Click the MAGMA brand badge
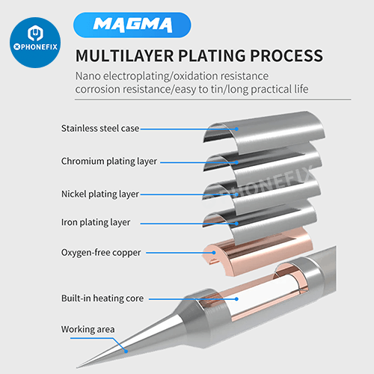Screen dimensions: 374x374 tap(132, 25)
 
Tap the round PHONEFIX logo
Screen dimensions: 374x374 tap(35, 43)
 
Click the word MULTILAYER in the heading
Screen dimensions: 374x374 tap(124, 55)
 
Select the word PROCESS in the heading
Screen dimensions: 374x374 tap(286, 55)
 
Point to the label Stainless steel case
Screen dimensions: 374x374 tap(100, 129)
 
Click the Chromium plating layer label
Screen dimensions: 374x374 tap(109, 162)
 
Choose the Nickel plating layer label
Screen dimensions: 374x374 tap(100, 194)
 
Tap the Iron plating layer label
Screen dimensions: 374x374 tap(96, 222)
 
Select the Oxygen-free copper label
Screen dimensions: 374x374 tap(101, 253)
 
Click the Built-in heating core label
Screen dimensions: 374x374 tap(102, 298)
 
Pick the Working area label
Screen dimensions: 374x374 tap(88, 329)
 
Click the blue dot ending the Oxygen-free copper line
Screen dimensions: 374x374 tap(214, 253)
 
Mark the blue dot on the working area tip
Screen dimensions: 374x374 tap(126, 352)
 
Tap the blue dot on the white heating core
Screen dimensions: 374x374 tap(236, 298)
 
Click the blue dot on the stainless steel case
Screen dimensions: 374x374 tap(236, 129)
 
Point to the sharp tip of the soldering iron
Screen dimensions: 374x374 tap(77, 367)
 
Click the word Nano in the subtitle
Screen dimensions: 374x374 tap(88, 76)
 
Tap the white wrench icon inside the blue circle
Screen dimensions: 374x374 tap(35, 33)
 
